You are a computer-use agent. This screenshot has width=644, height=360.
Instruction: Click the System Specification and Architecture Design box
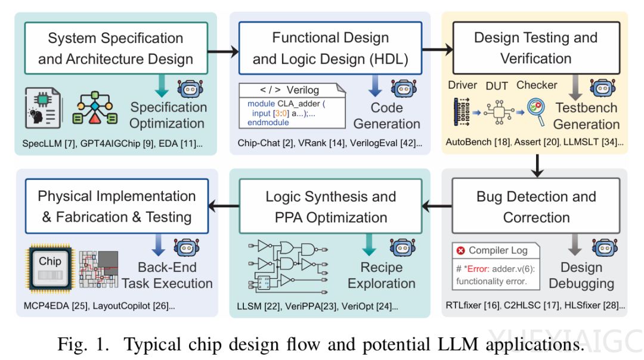[x=116, y=49]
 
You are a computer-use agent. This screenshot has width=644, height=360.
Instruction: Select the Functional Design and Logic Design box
[x=330, y=49]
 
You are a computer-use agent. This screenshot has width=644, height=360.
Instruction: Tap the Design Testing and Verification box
[x=535, y=48]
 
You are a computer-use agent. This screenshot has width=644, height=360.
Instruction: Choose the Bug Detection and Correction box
[x=535, y=207]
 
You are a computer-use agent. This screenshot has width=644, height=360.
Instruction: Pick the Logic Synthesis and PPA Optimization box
[x=330, y=207]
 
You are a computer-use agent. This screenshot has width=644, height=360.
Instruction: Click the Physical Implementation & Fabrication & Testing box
[x=116, y=207]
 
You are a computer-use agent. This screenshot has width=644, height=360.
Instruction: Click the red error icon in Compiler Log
[x=460, y=250]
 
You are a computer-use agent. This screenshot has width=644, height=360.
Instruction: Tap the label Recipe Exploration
[x=382, y=275]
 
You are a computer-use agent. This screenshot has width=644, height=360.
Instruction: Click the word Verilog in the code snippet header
[x=303, y=91]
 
